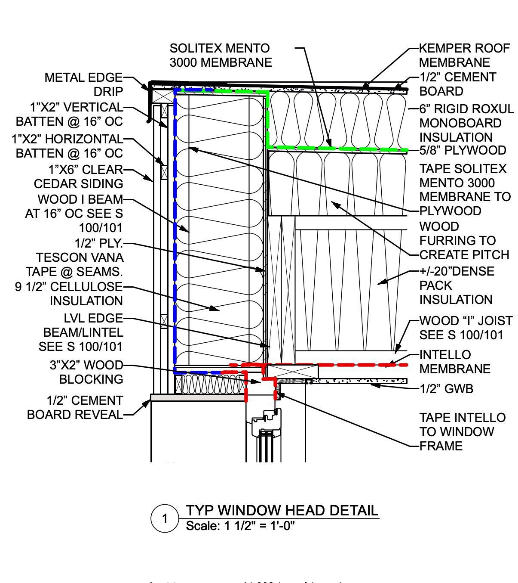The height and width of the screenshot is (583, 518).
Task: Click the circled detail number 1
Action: (164, 518)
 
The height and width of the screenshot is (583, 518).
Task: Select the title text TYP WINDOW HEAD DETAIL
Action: (282, 510)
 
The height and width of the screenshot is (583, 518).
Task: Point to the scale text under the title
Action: (240, 526)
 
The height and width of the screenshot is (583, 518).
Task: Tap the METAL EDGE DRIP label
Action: (84, 84)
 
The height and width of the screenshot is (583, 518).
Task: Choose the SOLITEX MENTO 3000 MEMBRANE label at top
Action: (221, 55)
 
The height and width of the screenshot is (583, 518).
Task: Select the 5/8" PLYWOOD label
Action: (463, 150)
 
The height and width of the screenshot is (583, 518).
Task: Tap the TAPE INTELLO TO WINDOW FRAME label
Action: (462, 431)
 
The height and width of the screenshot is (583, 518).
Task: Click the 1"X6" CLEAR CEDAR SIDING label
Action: (79, 177)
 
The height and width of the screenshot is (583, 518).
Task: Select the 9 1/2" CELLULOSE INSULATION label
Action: (69, 294)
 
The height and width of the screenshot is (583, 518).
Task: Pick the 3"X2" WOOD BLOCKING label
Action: (86, 372)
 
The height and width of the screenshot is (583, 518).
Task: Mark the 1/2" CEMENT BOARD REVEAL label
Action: (75, 407)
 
